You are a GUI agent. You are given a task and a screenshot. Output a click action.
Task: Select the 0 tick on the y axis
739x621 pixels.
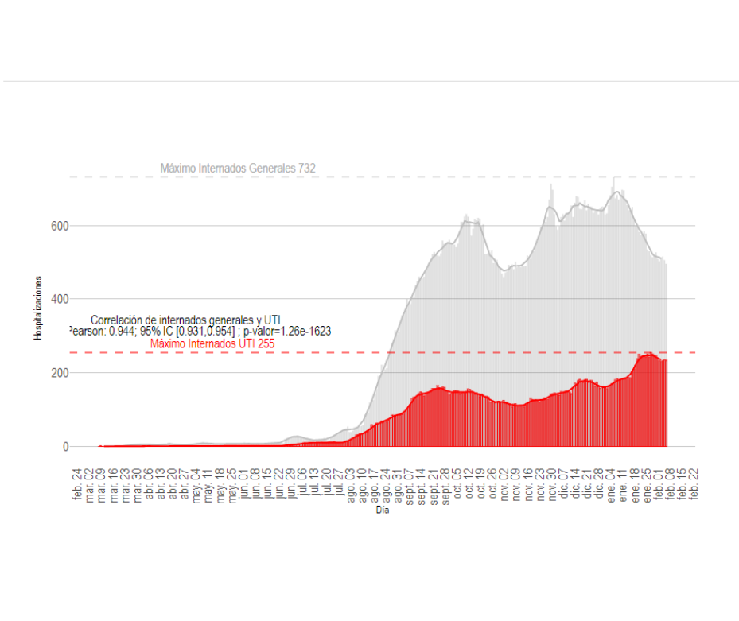click(65, 447)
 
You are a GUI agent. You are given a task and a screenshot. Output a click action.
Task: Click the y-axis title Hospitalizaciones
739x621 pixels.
click(37, 309)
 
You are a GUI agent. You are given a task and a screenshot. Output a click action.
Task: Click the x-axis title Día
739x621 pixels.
click(383, 510)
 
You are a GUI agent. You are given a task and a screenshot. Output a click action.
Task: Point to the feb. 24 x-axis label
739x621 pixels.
click(78, 483)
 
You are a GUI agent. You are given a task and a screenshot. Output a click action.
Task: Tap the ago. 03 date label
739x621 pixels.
click(351, 483)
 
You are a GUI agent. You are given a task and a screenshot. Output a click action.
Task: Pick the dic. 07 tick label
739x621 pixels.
click(564, 483)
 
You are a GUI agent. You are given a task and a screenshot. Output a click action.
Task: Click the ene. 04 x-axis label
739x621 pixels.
click(612, 483)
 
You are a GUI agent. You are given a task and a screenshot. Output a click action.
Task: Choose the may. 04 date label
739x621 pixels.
click(196, 483)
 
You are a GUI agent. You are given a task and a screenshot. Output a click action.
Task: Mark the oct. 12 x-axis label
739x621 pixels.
click(469, 483)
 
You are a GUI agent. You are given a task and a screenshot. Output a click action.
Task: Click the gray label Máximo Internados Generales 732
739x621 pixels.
click(238, 169)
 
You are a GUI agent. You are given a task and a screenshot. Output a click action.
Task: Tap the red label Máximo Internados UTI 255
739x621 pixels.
click(212, 344)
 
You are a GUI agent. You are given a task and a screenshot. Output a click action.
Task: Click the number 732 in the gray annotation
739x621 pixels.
click(307, 169)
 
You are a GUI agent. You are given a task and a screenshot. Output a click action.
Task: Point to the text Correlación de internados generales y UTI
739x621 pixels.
click(185, 320)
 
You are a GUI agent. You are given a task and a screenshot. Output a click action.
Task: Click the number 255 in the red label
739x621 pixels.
click(266, 344)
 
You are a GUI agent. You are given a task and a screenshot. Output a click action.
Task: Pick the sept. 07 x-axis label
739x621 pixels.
click(410, 483)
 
